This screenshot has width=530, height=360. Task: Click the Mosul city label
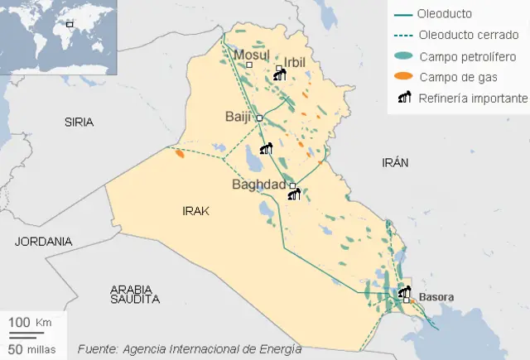[x=252, y=55]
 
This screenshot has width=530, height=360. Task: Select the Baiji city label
[x=238, y=118]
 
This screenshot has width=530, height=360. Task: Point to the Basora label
[x=436, y=295]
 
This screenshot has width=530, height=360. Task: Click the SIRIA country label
[x=79, y=122]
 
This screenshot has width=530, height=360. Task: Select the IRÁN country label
[x=395, y=163]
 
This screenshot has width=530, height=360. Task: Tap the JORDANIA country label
[x=43, y=242]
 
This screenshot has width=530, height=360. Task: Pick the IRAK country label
[x=195, y=212]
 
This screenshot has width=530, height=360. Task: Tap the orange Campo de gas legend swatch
[x=403, y=77]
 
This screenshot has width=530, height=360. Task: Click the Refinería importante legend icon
[x=404, y=98]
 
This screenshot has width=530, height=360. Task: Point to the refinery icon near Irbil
[x=279, y=76]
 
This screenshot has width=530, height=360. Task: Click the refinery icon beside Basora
[x=404, y=291]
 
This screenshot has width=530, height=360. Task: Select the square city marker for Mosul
[x=249, y=65]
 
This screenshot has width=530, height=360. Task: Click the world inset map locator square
[x=70, y=24]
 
